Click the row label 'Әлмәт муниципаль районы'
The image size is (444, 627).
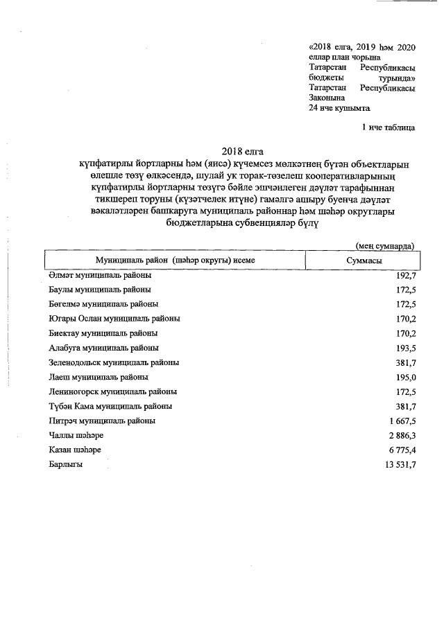point(100,275)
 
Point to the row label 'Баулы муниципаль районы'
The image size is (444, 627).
point(100,290)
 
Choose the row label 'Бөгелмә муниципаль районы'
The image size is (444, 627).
point(103,304)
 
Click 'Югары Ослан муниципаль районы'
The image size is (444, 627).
point(114,319)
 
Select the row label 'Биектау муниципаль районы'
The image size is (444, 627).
point(103,333)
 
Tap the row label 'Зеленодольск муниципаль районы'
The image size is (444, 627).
point(114,362)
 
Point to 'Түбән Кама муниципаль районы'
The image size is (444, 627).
point(110,406)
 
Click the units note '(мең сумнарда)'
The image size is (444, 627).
point(385,245)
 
